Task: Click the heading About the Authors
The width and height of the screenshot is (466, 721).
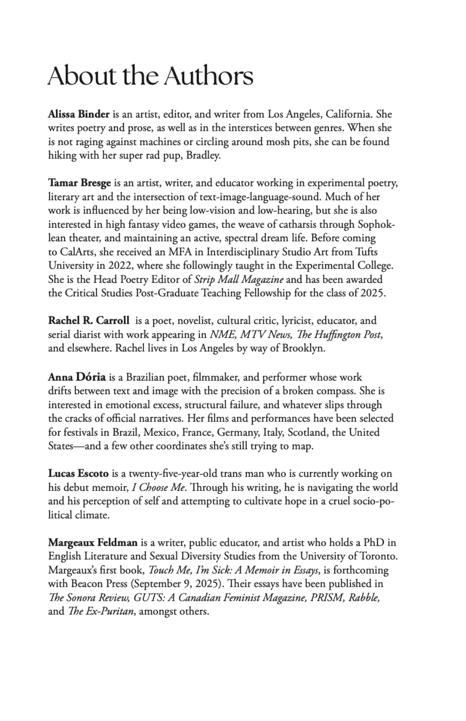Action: [x=150, y=76]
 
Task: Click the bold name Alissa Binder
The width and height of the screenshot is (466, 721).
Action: [x=79, y=114]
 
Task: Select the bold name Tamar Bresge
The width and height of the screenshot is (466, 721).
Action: [x=79, y=183]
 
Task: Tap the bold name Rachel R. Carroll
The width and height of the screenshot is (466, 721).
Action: [x=89, y=321]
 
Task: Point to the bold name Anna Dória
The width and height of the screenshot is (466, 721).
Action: [x=77, y=377]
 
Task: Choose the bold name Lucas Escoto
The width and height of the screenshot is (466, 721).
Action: [x=78, y=473]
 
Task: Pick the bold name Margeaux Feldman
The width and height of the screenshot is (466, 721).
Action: [x=93, y=542]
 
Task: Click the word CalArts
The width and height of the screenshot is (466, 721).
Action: [x=75, y=252]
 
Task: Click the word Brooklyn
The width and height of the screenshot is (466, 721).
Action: [x=303, y=348]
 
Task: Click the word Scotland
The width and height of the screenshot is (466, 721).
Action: [x=308, y=433]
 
